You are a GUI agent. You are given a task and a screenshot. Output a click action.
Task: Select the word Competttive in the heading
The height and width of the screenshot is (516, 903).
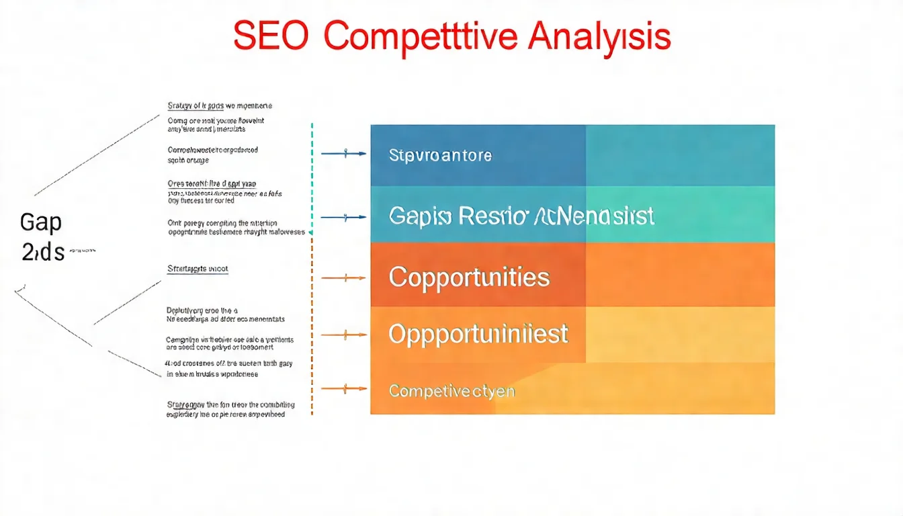[x=421, y=37]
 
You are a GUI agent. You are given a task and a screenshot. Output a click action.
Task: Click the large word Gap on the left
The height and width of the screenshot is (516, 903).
[x=40, y=222]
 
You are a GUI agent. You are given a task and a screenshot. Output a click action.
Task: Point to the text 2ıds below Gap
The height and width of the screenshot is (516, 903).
[x=43, y=252]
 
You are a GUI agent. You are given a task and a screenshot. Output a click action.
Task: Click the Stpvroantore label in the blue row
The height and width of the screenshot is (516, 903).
[x=440, y=156]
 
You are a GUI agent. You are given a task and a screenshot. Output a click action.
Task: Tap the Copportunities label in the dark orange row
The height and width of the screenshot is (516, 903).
[x=469, y=277]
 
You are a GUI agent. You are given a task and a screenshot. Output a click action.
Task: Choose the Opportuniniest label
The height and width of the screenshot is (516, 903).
[x=478, y=334]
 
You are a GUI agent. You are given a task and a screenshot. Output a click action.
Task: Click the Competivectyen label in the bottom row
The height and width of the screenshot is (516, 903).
[x=451, y=390]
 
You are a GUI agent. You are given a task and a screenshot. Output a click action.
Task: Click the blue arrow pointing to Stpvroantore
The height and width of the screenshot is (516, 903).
[x=344, y=154]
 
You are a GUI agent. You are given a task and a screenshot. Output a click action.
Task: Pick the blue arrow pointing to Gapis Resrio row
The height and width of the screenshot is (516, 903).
[x=344, y=217]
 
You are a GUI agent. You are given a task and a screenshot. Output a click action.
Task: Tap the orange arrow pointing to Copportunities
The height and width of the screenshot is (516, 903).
[x=344, y=277]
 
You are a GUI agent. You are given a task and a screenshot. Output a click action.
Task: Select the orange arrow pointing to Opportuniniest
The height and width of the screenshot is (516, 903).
[x=344, y=334]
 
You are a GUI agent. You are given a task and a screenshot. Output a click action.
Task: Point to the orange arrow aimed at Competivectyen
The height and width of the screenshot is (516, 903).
[x=344, y=388]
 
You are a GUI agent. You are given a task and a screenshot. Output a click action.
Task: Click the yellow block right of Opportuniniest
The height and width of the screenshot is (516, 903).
[x=680, y=334]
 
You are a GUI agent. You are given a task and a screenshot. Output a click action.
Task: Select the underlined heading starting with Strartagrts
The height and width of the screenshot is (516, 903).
[x=198, y=269]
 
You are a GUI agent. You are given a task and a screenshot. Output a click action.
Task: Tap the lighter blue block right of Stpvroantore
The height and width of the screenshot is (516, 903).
[x=680, y=155]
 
